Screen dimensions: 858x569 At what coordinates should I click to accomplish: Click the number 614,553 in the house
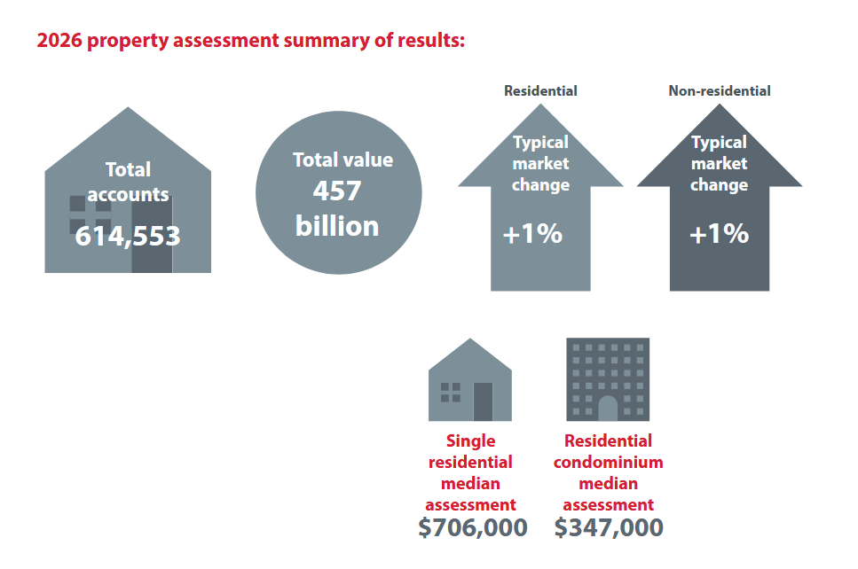[128, 236]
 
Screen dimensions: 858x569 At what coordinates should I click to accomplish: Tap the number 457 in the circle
[337, 191]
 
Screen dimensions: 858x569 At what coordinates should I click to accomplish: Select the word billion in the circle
[337, 226]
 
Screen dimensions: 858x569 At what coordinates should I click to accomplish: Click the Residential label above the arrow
[540, 90]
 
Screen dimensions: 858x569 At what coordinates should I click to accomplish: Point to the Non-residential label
[720, 90]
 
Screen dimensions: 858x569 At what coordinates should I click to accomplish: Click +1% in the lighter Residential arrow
[532, 233]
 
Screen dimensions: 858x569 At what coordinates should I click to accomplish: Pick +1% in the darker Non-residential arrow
[719, 233]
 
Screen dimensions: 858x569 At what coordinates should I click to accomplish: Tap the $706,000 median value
[473, 527]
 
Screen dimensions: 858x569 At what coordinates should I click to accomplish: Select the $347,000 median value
[609, 527]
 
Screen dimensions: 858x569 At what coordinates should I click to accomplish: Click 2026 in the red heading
[59, 41]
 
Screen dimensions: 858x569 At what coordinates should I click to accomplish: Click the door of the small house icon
[483, 401]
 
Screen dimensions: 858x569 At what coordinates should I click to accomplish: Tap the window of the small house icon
[451, 393]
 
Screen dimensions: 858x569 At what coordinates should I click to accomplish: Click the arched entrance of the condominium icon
[608, 408]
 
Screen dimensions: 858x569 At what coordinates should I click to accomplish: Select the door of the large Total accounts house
[152, 234]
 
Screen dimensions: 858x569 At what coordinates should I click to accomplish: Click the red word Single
[470, 441]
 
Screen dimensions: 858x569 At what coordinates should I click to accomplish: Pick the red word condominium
[609, 463]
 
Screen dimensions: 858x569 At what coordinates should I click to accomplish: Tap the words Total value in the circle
[343, 160]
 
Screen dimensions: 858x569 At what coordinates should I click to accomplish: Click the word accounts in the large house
[128, 195]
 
